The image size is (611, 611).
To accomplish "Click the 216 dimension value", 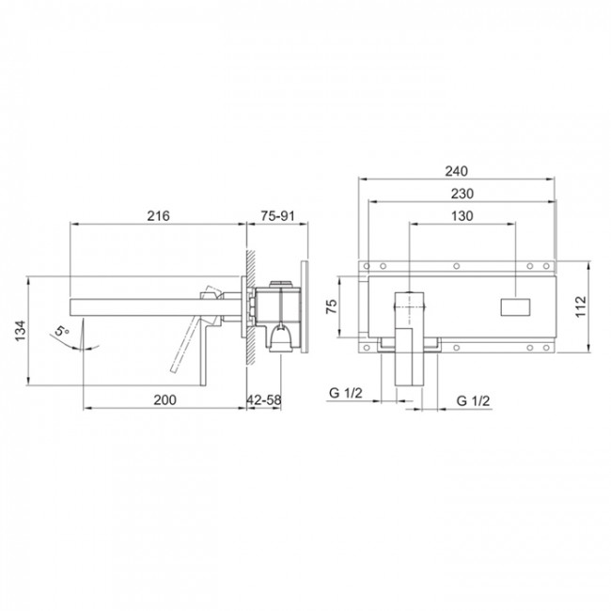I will tap(158, 215).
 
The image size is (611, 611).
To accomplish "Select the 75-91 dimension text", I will tap(278, 215).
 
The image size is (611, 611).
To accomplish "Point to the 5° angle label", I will tap(62, 331).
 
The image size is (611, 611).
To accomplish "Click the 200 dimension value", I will tap(164, 399).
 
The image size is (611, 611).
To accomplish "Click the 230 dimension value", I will tap(460, 193).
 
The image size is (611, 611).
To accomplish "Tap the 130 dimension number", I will tap(461, 215).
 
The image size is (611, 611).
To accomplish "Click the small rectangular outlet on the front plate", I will tap(514, 305).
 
